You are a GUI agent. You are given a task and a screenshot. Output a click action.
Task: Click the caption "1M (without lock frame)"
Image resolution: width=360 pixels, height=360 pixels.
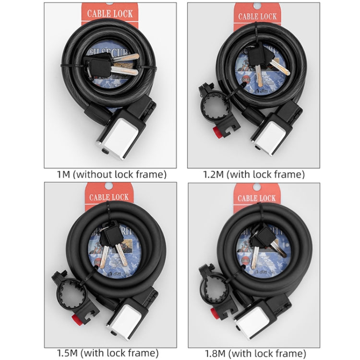point(111,174)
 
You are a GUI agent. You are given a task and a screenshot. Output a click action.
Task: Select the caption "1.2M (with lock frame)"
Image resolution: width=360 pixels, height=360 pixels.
point(253,174)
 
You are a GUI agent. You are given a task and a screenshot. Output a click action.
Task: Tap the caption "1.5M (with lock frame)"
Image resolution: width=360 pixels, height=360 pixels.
point(111,354)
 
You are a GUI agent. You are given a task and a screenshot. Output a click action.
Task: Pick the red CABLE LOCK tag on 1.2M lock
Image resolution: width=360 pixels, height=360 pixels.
point(257,16)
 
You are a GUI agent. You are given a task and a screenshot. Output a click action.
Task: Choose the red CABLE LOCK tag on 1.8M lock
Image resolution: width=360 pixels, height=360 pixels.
point(257,197)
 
